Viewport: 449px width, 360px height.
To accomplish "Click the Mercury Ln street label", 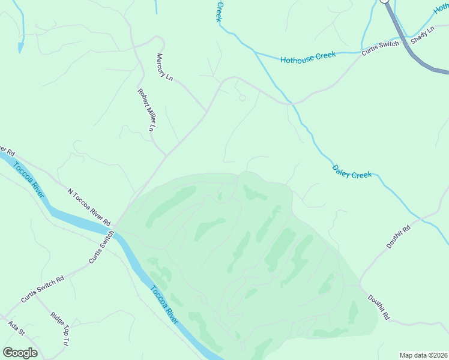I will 160,65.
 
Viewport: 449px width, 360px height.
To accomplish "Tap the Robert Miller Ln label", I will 146,110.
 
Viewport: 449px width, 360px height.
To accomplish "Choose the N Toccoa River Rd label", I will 89,207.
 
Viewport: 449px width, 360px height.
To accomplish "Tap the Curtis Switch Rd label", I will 42,289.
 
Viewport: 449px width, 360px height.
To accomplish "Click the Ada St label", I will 16,328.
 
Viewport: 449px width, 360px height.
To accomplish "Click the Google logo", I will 20,353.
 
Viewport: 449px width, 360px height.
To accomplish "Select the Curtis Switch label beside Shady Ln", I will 380,48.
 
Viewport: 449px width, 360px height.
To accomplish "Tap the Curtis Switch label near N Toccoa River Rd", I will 101,248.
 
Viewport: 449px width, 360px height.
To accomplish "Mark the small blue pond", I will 21,46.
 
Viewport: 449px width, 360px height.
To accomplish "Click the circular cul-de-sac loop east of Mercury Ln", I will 243,98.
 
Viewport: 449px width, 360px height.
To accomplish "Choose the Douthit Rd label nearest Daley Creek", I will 398,236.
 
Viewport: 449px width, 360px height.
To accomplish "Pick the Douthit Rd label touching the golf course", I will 379,306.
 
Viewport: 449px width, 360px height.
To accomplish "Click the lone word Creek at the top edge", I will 220,11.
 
